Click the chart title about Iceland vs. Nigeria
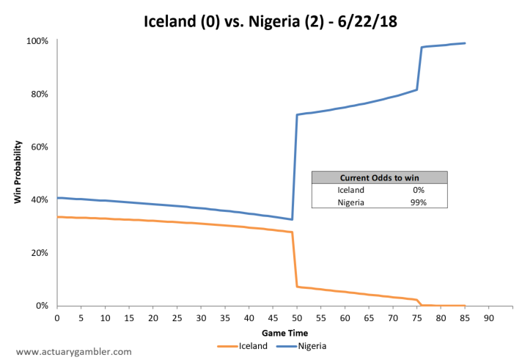[271, 22]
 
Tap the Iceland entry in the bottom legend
[243, 346]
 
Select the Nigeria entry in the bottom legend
[301, 346]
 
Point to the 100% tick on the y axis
[37, 41]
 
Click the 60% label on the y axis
[40, 147]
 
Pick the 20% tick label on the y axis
[40, 253]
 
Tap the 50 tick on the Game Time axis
[297, 318]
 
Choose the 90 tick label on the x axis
[489, 318]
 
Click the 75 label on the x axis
[417, 318]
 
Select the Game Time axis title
[284, 333]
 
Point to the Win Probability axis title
[18, 172]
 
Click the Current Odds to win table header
[380, 178]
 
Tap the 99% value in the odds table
[419, 202]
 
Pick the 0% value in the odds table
[419, 190]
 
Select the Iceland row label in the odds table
[351, 190]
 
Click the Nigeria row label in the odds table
[351, 202]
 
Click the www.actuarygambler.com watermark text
[74, 352]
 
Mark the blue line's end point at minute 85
[465, 43]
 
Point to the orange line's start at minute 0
[58, 217]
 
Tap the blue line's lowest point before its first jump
[292, 219]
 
